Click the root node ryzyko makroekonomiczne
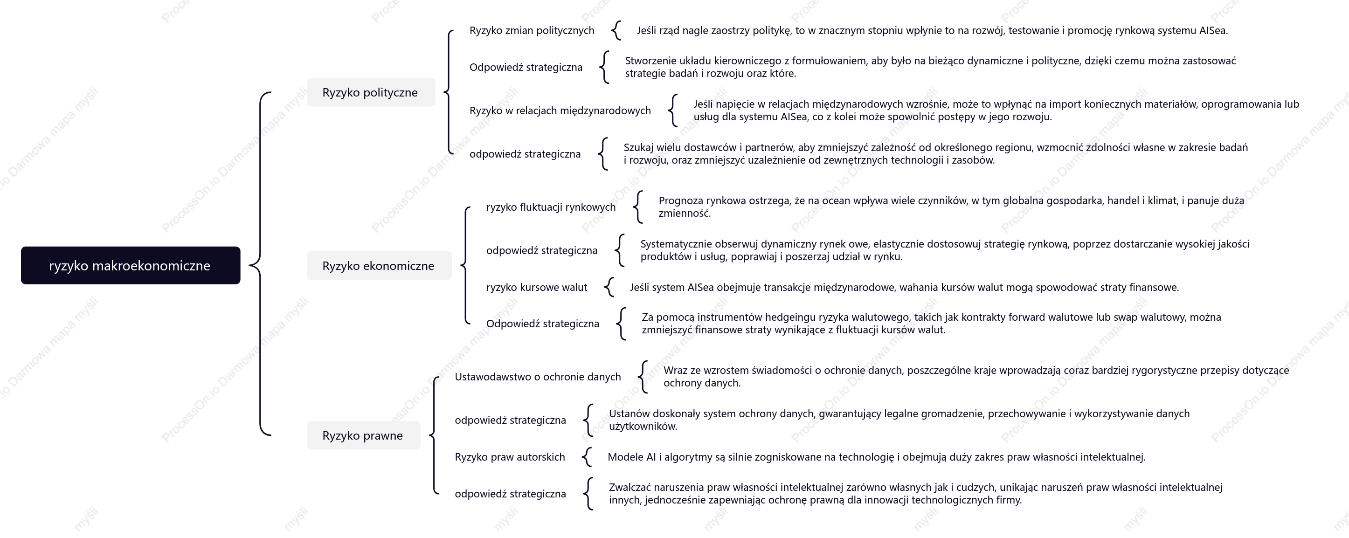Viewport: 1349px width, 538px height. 131,265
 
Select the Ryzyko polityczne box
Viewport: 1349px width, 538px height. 371,92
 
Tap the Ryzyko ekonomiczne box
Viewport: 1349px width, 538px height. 379,265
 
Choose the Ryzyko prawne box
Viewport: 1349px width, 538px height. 363,435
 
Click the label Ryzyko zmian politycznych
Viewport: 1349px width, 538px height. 532,30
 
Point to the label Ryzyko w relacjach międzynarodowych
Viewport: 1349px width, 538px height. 560,110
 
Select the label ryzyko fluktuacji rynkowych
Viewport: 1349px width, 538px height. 551,207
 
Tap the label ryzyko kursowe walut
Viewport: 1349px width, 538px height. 537,287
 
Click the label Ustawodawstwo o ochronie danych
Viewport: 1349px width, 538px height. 538,377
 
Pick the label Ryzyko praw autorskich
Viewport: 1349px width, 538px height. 510,457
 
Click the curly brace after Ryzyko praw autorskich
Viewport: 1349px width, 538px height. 587,457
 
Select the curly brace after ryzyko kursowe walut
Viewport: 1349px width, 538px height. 609,287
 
